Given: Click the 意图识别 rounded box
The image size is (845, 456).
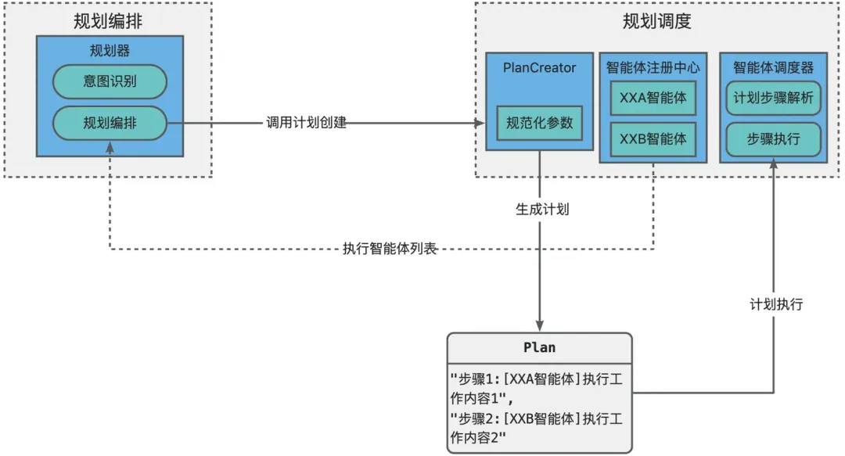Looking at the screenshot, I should pos(110,81).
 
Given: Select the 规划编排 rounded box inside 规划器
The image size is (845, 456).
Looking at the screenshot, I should pos(110,123).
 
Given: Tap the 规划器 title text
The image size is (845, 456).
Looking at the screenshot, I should pos(110,52).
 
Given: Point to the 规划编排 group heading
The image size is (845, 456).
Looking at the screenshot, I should pos(109,21).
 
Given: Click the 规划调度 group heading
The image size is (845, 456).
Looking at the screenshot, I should pos(656,21).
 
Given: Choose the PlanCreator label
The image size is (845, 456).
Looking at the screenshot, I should pos(539,68).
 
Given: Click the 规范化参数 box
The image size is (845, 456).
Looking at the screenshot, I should pos(540,123).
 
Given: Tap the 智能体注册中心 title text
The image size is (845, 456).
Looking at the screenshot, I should pos(653,68).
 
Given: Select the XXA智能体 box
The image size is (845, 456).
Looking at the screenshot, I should pos(653,99).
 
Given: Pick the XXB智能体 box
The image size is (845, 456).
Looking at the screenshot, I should pos(653,138).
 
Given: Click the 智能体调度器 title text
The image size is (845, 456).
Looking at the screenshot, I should pos(773,68).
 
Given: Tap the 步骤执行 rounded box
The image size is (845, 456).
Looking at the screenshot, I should pos(773,138).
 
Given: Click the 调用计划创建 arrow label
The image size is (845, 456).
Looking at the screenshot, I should pos(305,123).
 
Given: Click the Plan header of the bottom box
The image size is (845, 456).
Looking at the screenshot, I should pos(539,346).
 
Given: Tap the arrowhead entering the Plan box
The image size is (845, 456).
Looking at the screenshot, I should pos(539,326).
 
